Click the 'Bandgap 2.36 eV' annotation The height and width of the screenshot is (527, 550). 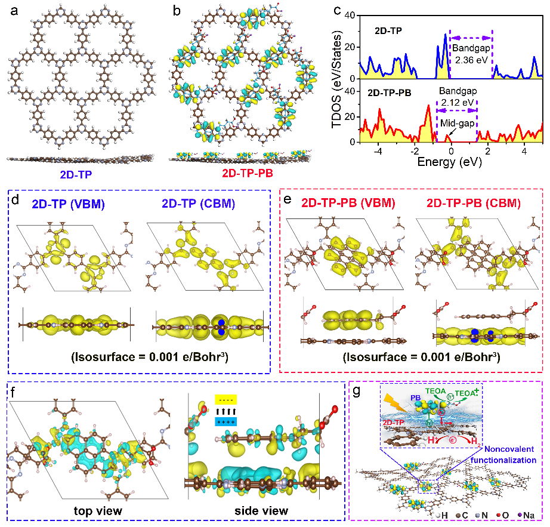(470, 53)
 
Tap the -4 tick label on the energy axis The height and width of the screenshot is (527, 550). (378, 152)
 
